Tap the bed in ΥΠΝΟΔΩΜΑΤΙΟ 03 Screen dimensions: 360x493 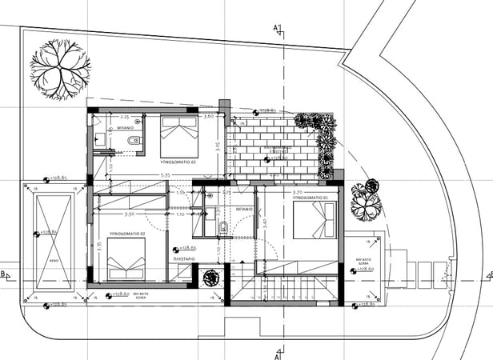pyautogui.click(x=178, y=137)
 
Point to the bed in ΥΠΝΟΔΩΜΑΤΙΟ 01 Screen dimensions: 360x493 pyautogui.click(x=315, y=220)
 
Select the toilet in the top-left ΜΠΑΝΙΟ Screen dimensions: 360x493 pyautogui.click(x=134, y=142)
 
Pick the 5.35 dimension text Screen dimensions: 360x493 pyautogui.click(x=165, y=174)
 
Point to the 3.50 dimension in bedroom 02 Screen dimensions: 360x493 pyautogui.click(x=128, y=214)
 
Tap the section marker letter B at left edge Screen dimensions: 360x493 pyautogui.click(x=4, y=274)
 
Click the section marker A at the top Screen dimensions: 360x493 pyautogui.click(x=277, y=30)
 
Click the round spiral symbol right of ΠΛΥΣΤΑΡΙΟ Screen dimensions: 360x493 pyautogui.click(x=211, y=278)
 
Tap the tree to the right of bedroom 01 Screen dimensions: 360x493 pyautogui.click(x=365, y=201)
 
